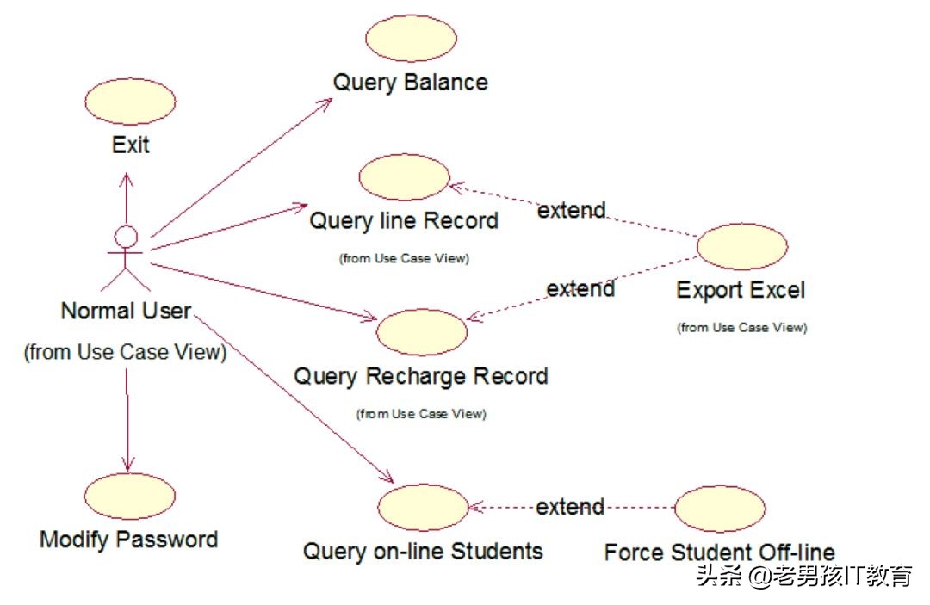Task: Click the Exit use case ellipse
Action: tap(132, 102)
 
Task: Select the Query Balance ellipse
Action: tap(411, 38)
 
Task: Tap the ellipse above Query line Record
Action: tap(404, 177)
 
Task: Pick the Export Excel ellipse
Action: tap(741, 247)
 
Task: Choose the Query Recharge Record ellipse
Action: tap(422, 331)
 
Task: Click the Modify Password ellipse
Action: tap(130, 497)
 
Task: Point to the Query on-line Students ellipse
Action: tap(423, 508)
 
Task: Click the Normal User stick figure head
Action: tap(127, 235)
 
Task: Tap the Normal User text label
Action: tap(126, 311)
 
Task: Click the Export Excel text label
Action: tap(741, 290)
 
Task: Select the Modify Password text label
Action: tap(129, 540)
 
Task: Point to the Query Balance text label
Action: tap(411, 83)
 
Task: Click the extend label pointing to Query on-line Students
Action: tap(570, 507)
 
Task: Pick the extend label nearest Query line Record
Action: tap(571, 210)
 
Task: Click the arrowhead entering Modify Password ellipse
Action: tap(128, 466)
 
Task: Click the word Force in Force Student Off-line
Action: tap(634, 552)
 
